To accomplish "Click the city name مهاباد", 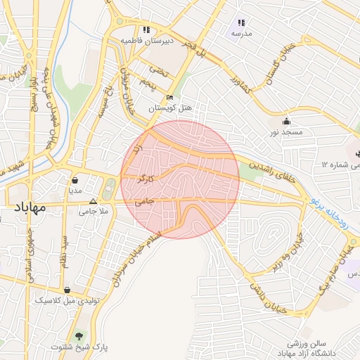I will [29, 208].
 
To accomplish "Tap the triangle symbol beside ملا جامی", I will [93, 200].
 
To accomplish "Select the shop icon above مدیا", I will [75, 181].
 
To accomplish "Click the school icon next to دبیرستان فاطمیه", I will [146, 30].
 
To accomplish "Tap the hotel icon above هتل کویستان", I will [169, 98].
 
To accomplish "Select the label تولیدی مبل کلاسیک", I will [66, 300].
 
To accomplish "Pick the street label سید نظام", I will [65, 252].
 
